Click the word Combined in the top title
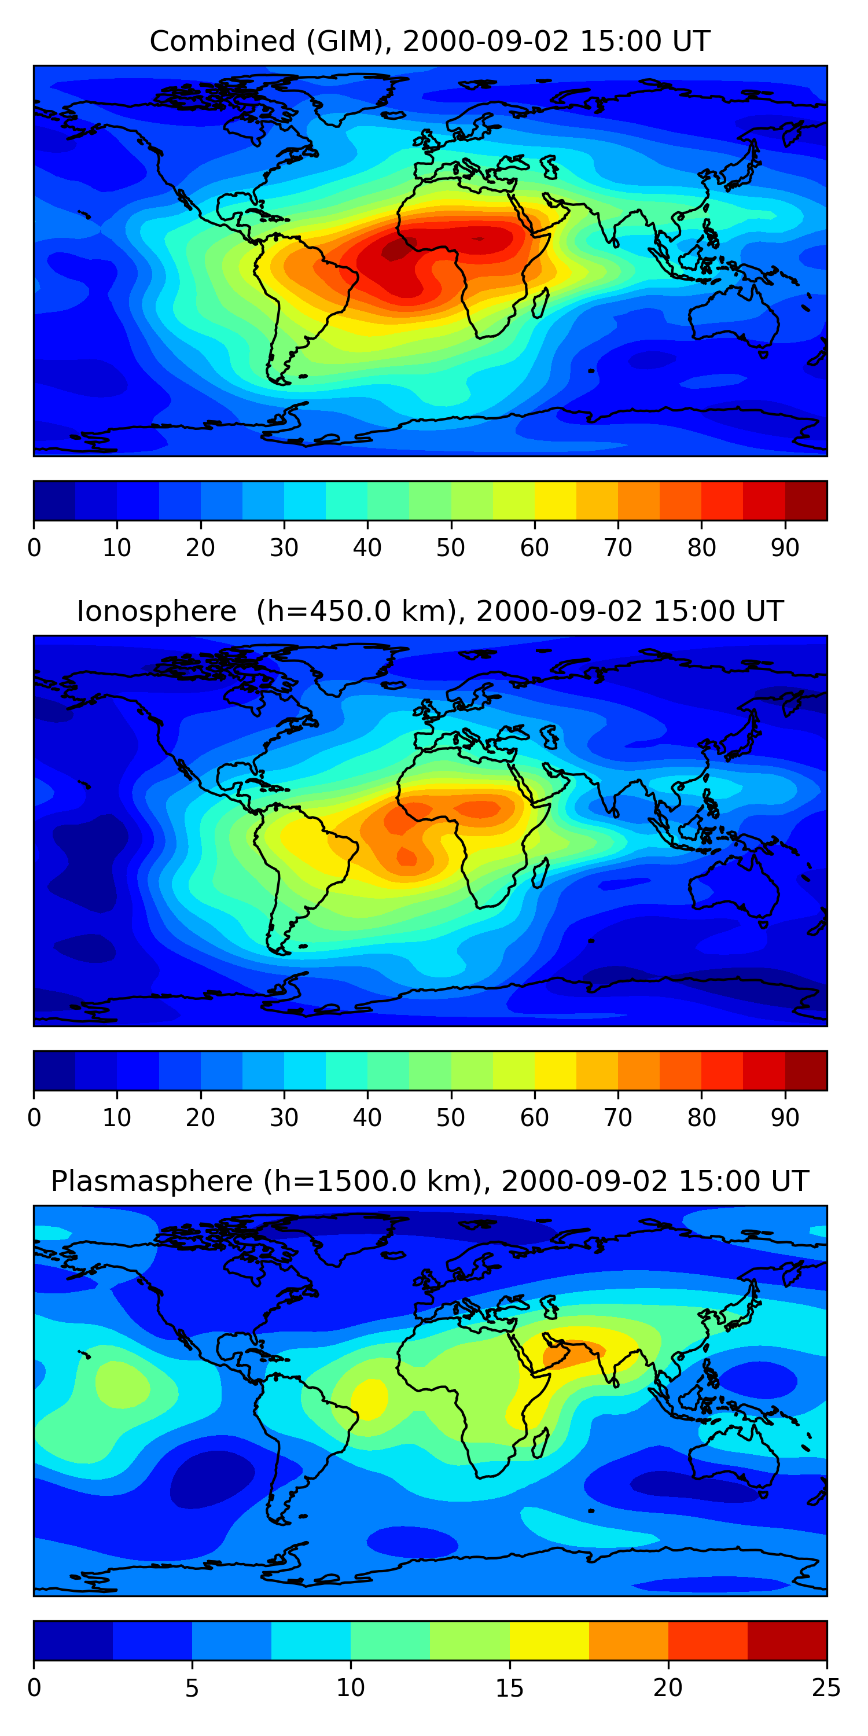(222, 41)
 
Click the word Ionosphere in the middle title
(156, 611)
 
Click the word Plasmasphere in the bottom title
(152, 1182)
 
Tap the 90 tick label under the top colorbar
(785, 548)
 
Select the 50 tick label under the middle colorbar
(451, 1118)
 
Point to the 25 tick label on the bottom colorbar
(826, 1688)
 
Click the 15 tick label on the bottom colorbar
(509, 1688)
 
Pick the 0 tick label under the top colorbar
(34, 548)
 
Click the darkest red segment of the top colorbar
(806, 501)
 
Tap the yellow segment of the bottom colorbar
(549, 1641)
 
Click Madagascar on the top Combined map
(540, 303)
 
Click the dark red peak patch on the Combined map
(394, 251)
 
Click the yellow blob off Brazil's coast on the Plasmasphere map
(370, 1396)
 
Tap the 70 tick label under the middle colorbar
(618, 1118)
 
